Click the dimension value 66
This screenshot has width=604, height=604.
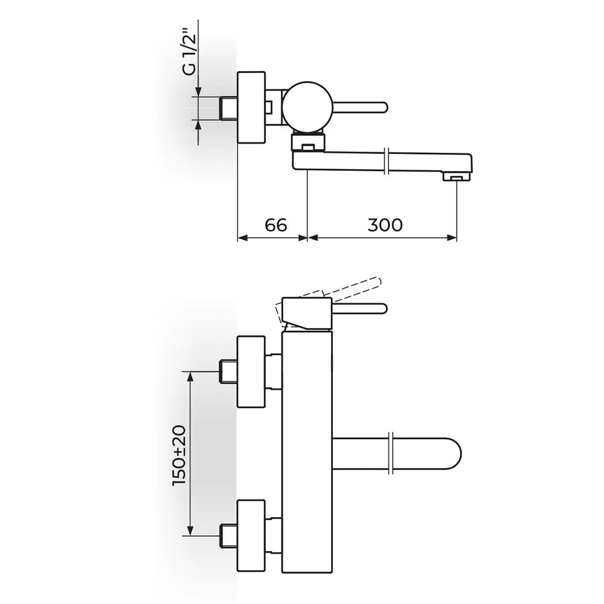(x=276, y=225)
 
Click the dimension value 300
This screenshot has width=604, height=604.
(x=385, y=225)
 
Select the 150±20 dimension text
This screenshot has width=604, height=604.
(x=179, y=455)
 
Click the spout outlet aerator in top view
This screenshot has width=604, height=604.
(x=457, y=177)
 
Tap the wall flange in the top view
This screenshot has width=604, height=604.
(x=251, y=107)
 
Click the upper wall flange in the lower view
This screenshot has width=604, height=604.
(x=251, y=371)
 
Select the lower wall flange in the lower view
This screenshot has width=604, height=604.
(x=251, y=536)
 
